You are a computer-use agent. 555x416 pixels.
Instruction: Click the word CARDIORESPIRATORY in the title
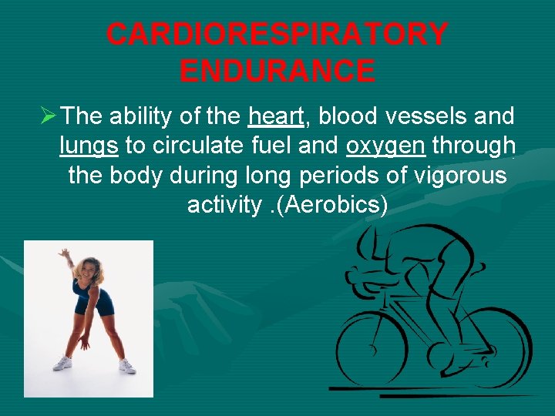click(x=277, y=35)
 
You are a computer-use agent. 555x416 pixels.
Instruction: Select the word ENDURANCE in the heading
click(x=277, y=71)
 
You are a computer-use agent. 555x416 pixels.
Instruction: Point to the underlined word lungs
click(x=89, y=146)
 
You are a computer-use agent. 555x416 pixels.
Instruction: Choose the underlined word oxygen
click(x=385, y=146)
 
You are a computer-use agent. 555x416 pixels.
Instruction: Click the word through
click(x=473, y=146)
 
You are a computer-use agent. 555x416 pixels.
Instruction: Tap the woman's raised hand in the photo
click(x=65, y=253)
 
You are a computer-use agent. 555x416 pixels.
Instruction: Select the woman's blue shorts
click(x=92, y=304)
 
